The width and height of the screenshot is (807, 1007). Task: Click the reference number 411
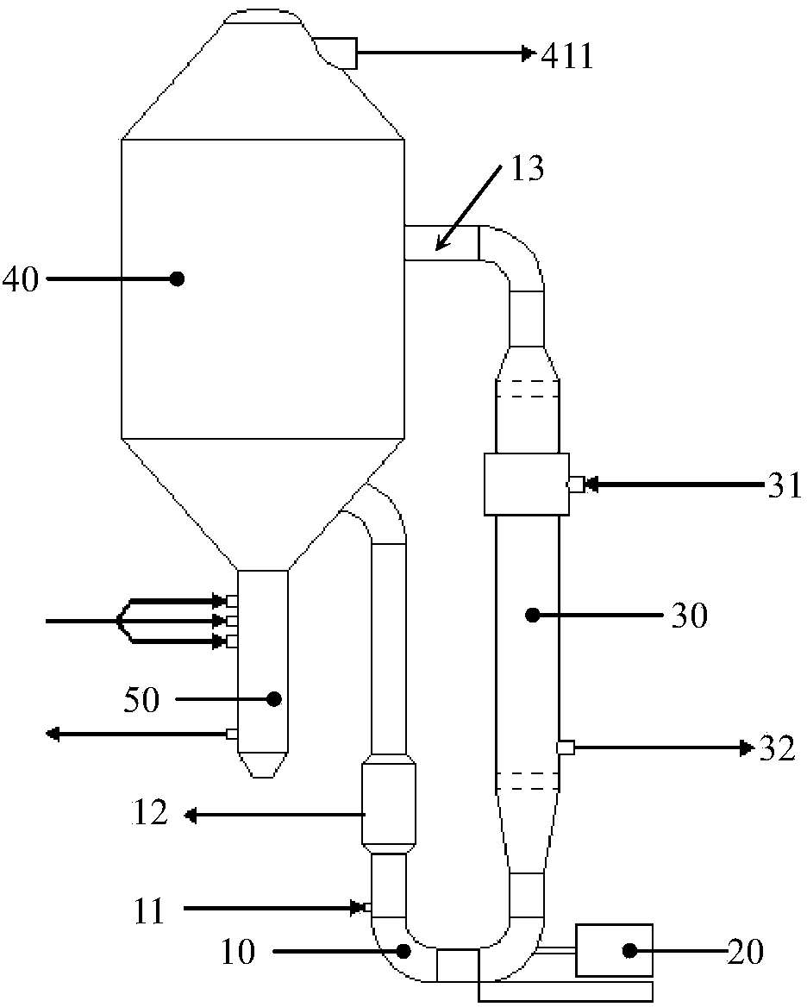tap(567, 57)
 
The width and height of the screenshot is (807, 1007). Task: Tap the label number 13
tap(528, 169)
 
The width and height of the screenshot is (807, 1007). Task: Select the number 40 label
tap(21, 280)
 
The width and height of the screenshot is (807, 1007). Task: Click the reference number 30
tap(690, 616)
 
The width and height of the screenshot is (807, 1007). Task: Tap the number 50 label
tap(141, 700)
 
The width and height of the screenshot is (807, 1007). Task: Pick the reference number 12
tap(149, 813)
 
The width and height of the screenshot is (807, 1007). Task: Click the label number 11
tap(149, 911)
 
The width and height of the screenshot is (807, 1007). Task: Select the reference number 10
tap(238, 952)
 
